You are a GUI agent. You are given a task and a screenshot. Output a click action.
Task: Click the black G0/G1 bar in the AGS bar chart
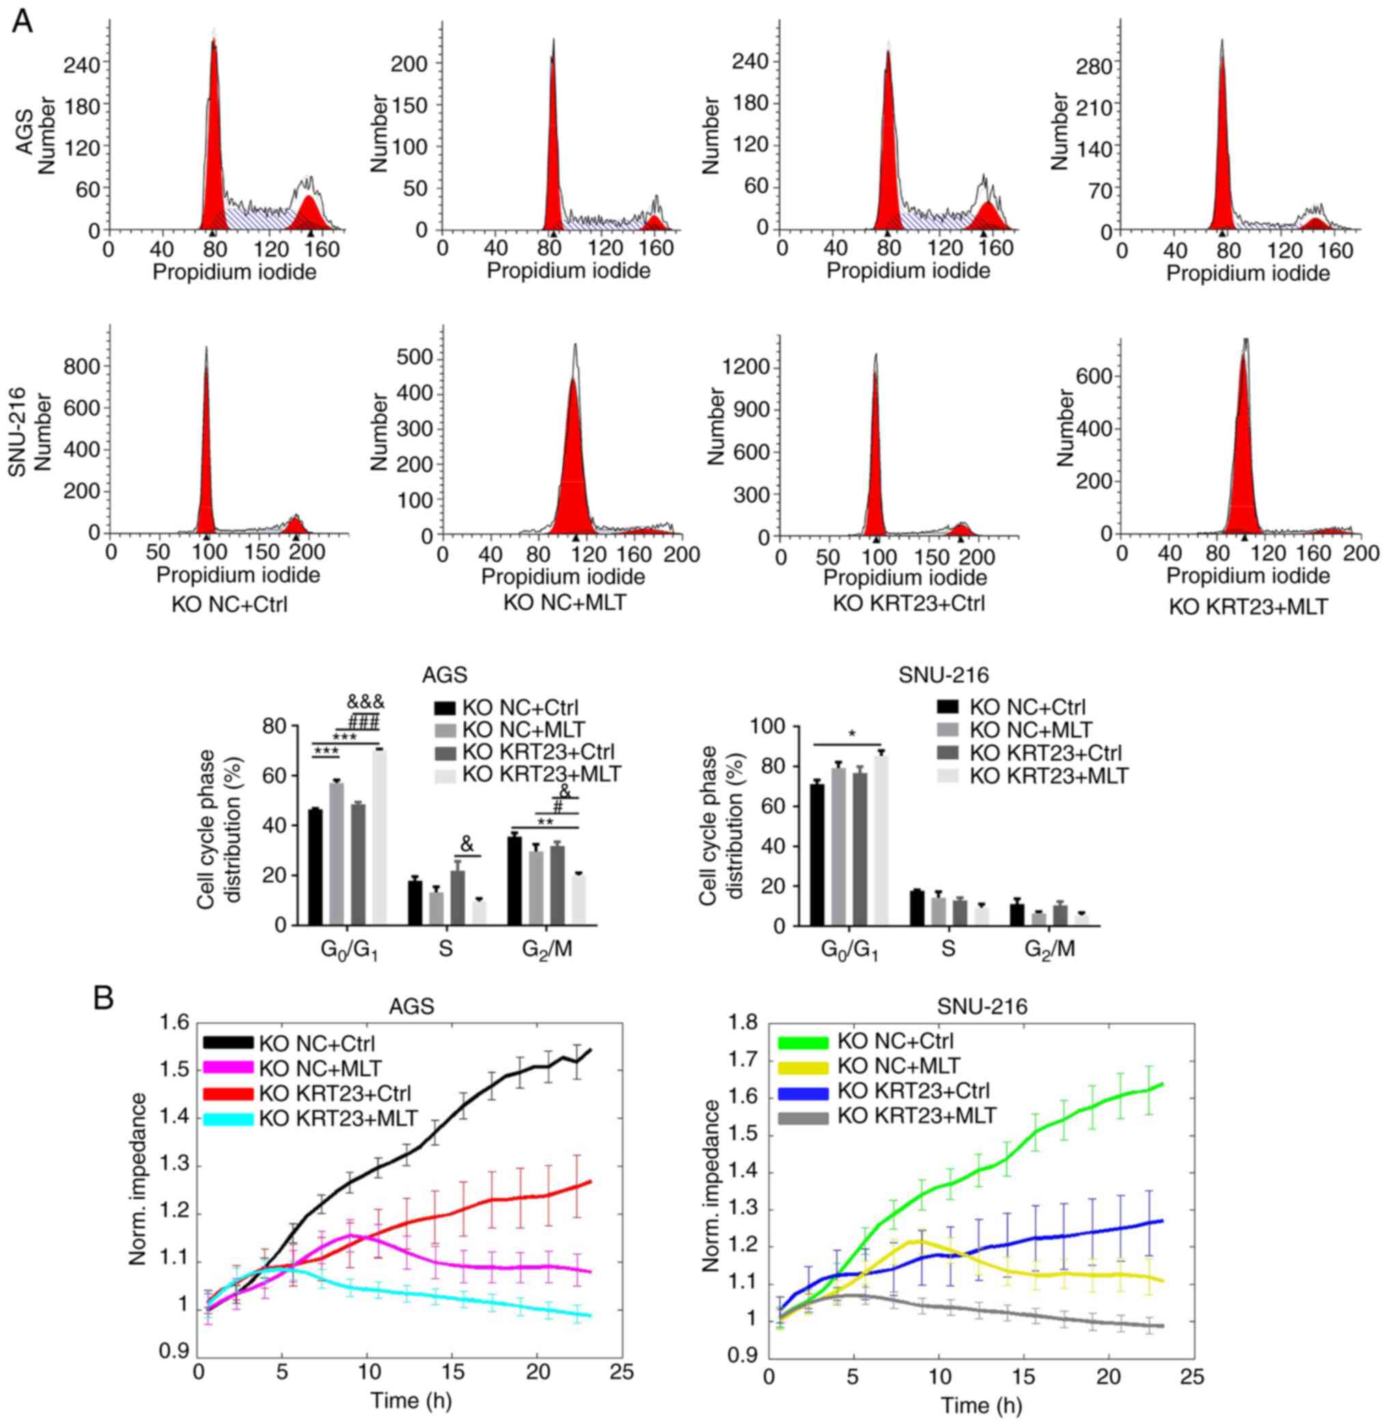point(316,868)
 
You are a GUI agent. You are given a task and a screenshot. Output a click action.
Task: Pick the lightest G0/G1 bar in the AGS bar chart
point(379,838)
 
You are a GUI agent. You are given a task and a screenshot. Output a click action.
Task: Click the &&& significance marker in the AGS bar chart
point(365,703)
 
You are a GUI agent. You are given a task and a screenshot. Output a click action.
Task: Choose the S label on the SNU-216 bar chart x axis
point(947,949)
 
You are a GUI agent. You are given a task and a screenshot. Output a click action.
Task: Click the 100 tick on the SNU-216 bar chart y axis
point(770,727)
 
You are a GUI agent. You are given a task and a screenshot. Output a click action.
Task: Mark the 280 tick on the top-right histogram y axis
point(1094,67)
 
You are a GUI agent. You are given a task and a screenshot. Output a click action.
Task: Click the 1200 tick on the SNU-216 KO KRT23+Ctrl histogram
point(746,368)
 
